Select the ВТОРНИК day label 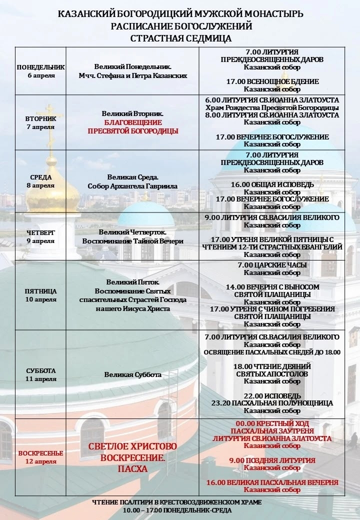pyautogui.click(x=40, y=119)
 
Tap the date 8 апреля pyautogui.click(x=40, y=185)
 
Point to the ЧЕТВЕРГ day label pyautogui.click(x=40, y=232)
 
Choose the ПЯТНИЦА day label pyautogui.click(x=40, y=291)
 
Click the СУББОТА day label pyautogui.click(x=40, y=370)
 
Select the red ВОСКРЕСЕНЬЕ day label pyautogui.click(x=40, y=453)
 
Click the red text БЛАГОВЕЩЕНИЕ pyautogui.click(x=132, y=122)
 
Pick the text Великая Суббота pyautogui.click(x=132, y=374)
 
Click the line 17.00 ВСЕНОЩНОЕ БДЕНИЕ pyautogui.click(x=272, y=81)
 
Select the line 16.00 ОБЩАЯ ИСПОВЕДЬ pyautogui.click(x=272, y=184)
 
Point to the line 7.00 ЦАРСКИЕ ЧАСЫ pyautogui.click(x=272, y=265)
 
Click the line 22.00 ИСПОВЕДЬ pyautogui.click(x=272, y=395)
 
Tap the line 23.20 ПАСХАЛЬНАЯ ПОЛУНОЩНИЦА pyautogui.click(x=272, y=402)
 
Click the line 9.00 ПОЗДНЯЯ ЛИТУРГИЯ pyautogui.click(x=272, y=460)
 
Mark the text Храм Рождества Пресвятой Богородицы pyautogui.click(x=272, y=107)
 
